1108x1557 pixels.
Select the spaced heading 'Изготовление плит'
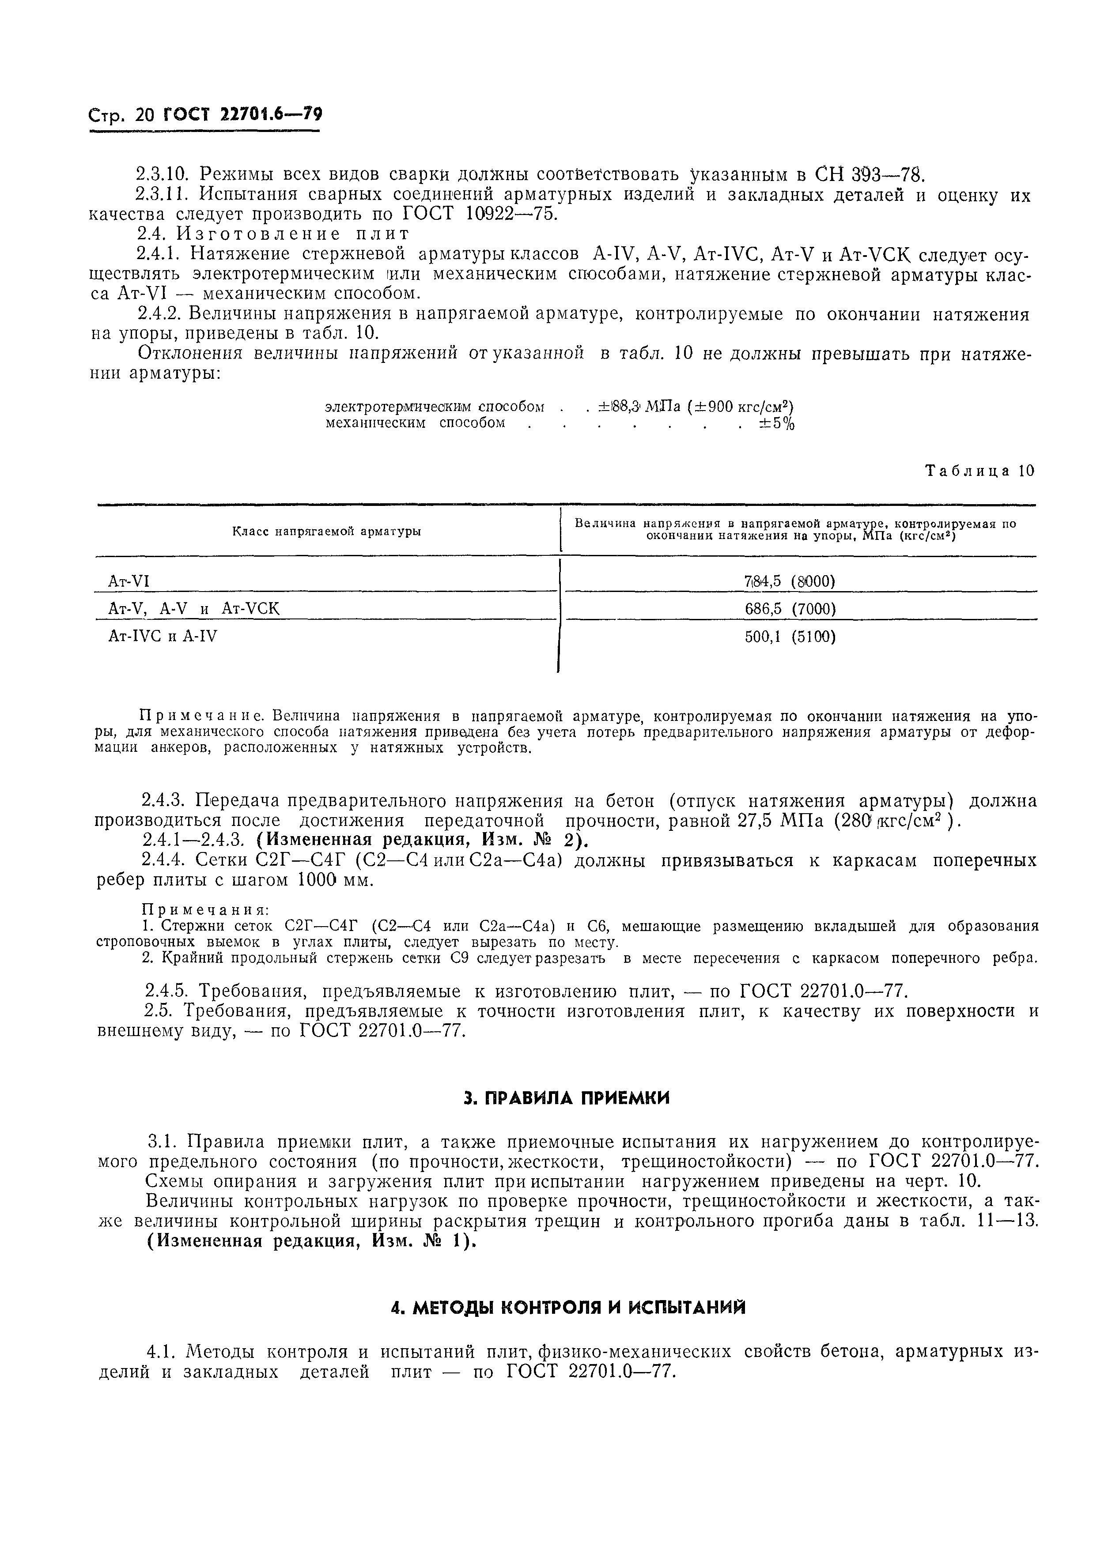point(293,234)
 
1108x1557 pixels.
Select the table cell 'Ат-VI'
point(129,581)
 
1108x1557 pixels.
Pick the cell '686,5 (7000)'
point(790,608)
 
